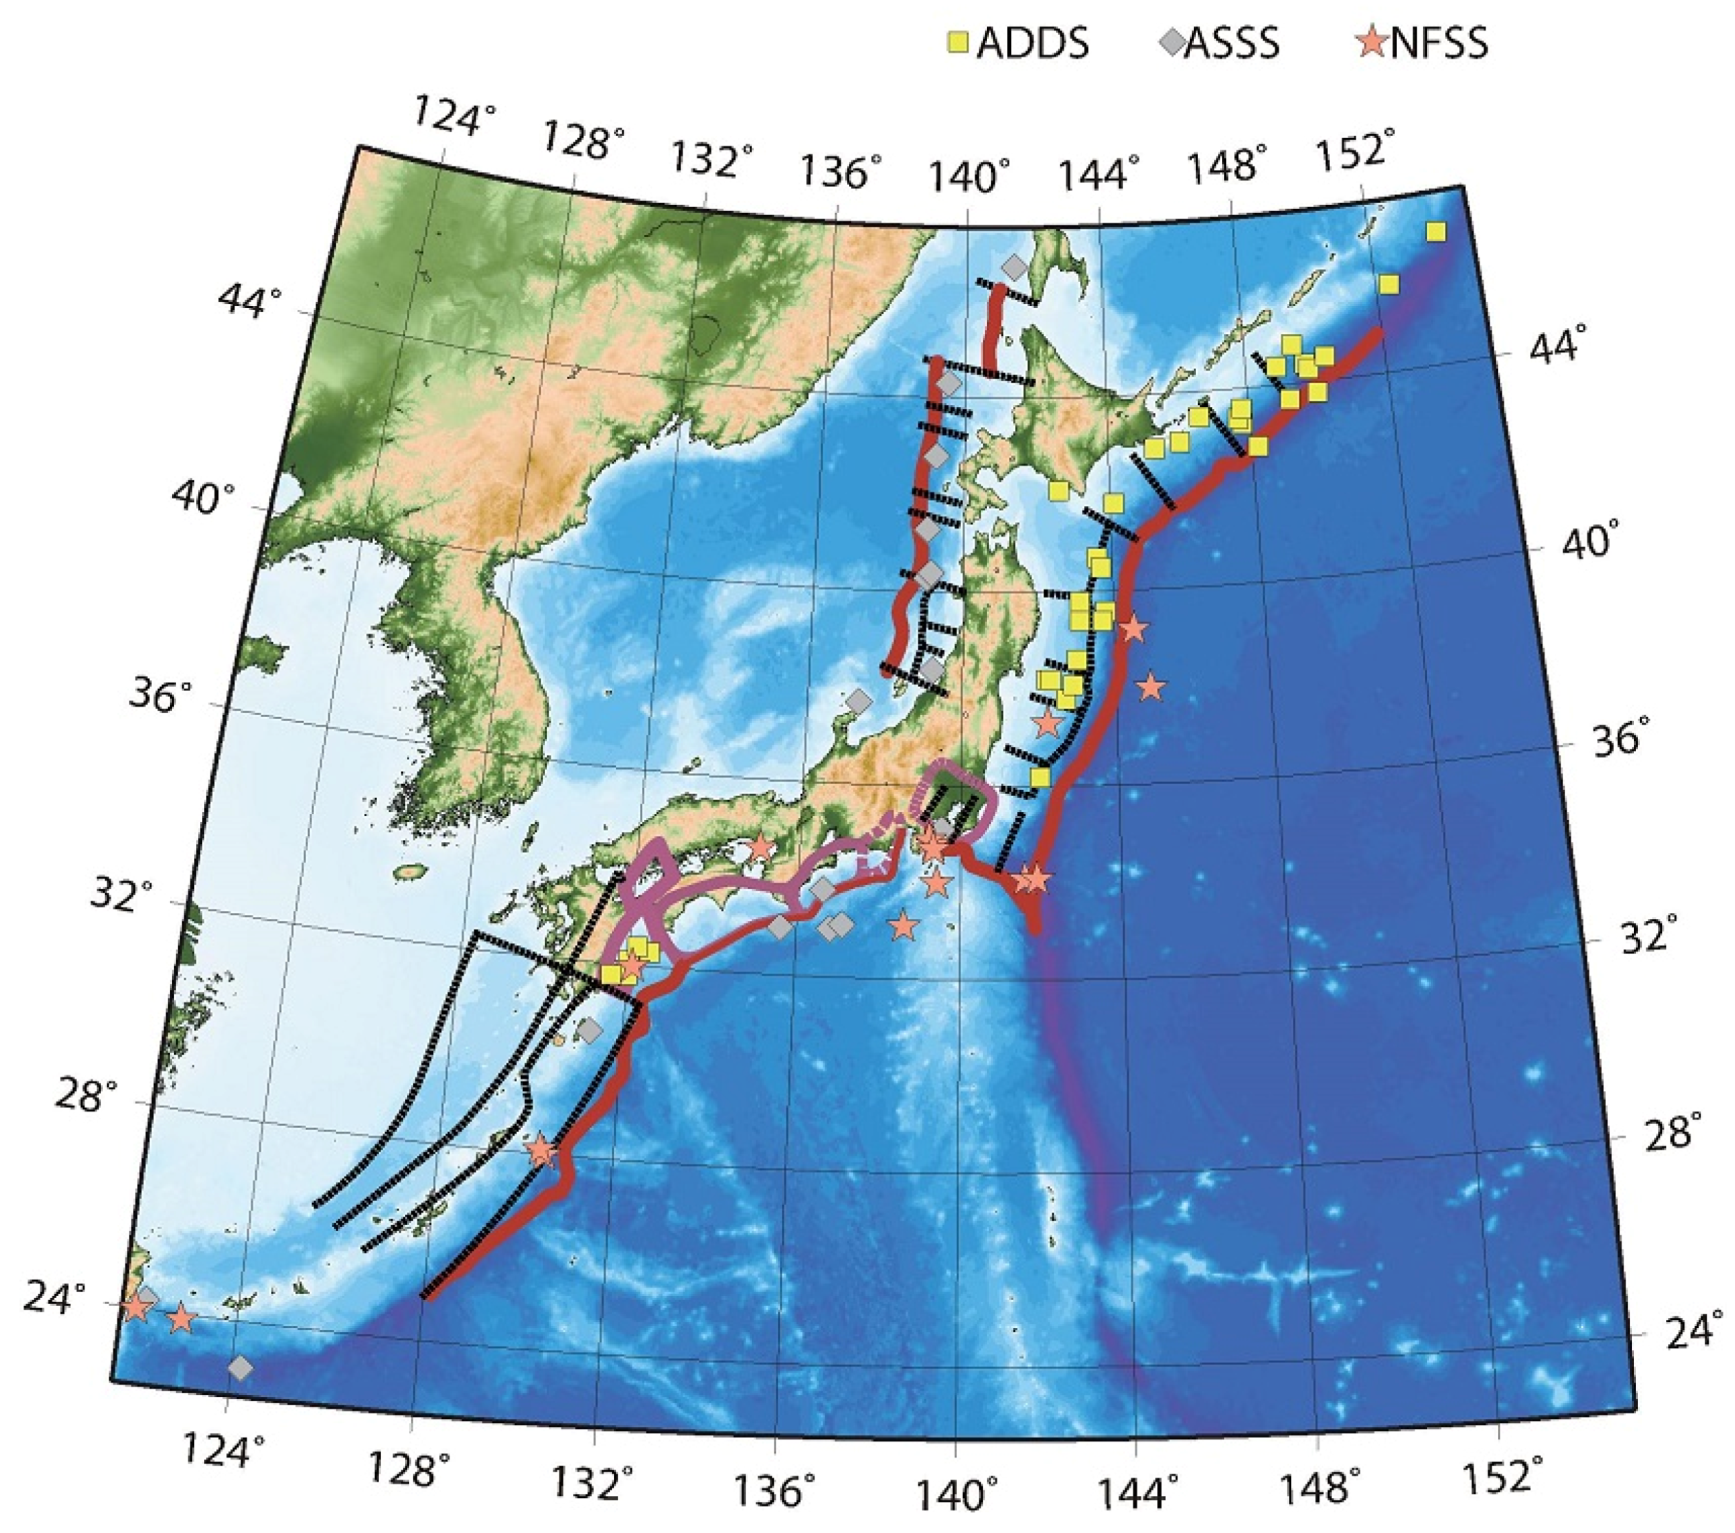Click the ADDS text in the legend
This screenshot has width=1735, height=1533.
(1032, 43)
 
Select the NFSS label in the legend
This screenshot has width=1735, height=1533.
(1439, 43)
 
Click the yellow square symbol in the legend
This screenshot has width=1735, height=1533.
(958, 42)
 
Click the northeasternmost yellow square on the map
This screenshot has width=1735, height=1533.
(1435, 232)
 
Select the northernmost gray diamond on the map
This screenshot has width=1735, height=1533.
(1013, 267)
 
